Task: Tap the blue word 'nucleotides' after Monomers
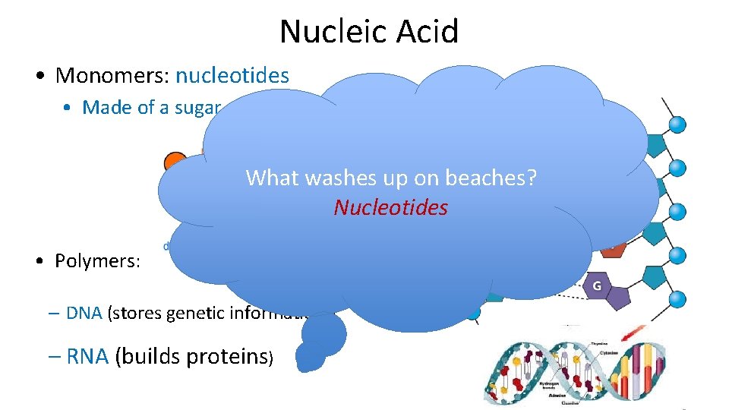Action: point(232,76)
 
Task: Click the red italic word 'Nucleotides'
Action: point(390,207)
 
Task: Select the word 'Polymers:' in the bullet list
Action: point(97,261)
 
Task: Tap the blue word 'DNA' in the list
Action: point(84,313)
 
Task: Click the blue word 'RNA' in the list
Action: point(88,356)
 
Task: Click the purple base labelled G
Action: point(597,287)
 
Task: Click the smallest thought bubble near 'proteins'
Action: point(309,356)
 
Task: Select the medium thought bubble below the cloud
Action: point(324,332)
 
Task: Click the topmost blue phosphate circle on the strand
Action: point(678,124)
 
